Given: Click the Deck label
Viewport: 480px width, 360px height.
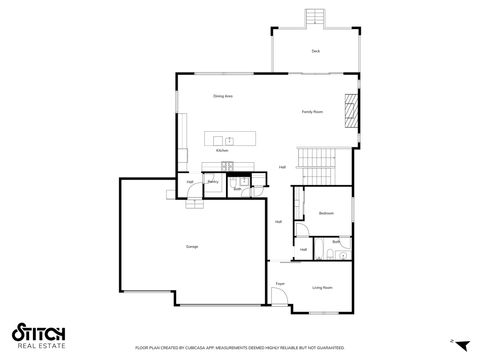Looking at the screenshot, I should click(x=315, y=50).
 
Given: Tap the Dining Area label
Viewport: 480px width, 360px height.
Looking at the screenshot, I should click(x=223, y=96).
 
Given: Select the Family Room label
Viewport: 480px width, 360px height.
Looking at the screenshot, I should click(x=312, y=112).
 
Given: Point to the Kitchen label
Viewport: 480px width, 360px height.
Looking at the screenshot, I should click(x=222, y=150).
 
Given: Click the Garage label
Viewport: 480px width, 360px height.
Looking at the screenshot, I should click(x=191, y=246).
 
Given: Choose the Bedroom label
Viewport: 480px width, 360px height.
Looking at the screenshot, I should click(x=326, y=213).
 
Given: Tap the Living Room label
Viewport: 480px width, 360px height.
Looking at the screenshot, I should click(x=322, y=287).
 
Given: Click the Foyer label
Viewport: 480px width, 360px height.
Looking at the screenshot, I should click(x=281, y=284).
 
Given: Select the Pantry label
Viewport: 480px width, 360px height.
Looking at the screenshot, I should click(x=213, y=181).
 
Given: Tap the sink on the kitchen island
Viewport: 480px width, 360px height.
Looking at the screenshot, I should click(x=229, y=139).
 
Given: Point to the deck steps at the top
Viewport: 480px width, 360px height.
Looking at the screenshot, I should click(x=315, y=17).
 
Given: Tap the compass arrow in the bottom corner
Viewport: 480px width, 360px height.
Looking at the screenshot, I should click(x=453, y=341).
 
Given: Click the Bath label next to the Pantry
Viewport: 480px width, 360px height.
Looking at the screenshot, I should click(x=237, y=187).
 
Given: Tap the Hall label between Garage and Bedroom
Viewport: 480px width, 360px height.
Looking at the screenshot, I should click(x=278, y=221).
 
